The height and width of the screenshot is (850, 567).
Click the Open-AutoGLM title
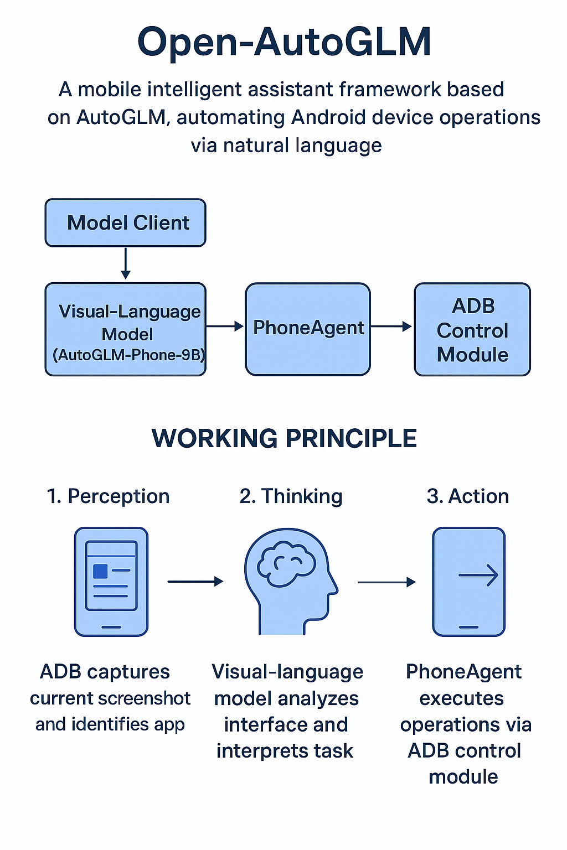(x=284, y=42)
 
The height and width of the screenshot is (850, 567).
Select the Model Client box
(x=126, y=222)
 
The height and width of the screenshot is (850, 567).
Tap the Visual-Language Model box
(x=126, y=329)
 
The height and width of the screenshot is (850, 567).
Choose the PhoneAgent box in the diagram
(x=308, y=329)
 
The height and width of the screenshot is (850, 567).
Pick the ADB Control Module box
(x=472, y=329)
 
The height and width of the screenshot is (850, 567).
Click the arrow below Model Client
(x=126, y=263)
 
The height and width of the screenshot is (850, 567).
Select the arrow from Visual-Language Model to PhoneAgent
(x=225, y=326)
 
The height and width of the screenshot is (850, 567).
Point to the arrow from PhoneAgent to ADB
(x=391, y=326)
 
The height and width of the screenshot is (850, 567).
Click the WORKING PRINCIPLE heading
(x=284, y=438)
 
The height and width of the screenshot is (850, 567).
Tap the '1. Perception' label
(x=108, y=496)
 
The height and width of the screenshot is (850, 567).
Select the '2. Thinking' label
(x=291, y=496)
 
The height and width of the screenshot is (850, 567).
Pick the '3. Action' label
(x=468, y=496)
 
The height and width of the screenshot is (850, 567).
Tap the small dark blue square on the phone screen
(x=100, y=571)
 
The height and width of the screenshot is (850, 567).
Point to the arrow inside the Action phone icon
(x=478, y=576)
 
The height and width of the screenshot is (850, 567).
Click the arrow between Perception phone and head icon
(x=195, y=581)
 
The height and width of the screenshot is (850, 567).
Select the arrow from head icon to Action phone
(x=386, y=582)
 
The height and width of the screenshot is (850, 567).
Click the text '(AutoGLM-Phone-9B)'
(x=129, y=355)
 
